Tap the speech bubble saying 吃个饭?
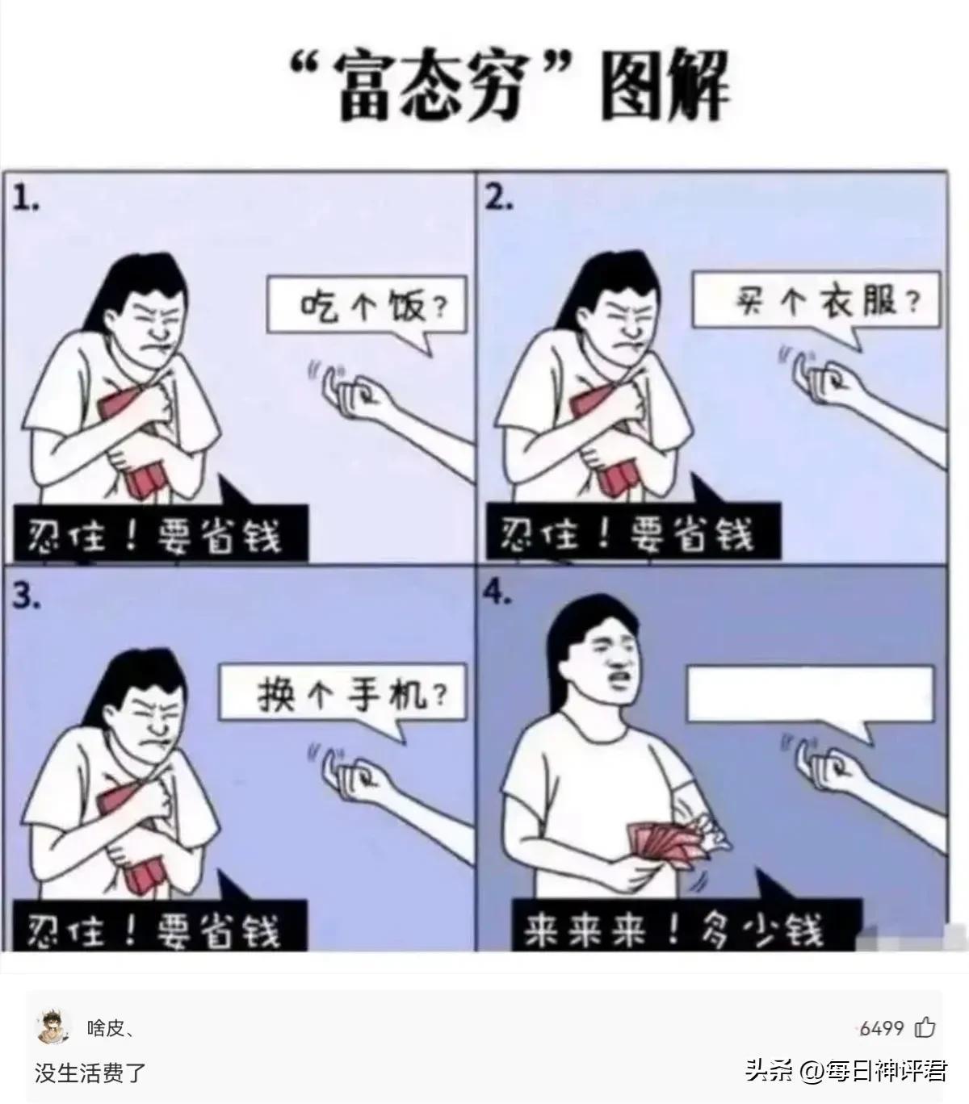[367, 307]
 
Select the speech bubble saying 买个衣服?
[816, 303]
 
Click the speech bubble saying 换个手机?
[343, 694]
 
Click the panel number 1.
[26, 200]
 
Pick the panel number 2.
[498, 199]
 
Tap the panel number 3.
[26, 596]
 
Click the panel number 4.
[497, 593]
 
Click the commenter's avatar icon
[53, 1027]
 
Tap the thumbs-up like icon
[925, 1027]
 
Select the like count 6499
[882, 1028]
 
